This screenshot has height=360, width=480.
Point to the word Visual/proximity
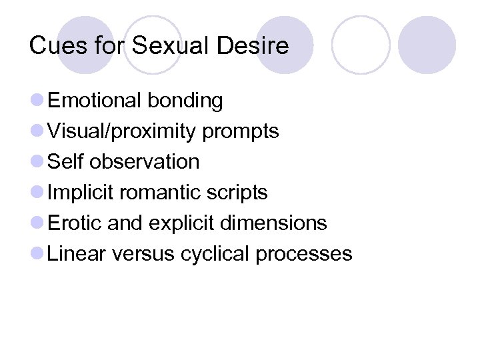[122, 131]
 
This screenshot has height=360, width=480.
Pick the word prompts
[241, 131]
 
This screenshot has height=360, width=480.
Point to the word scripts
[239, 193]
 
